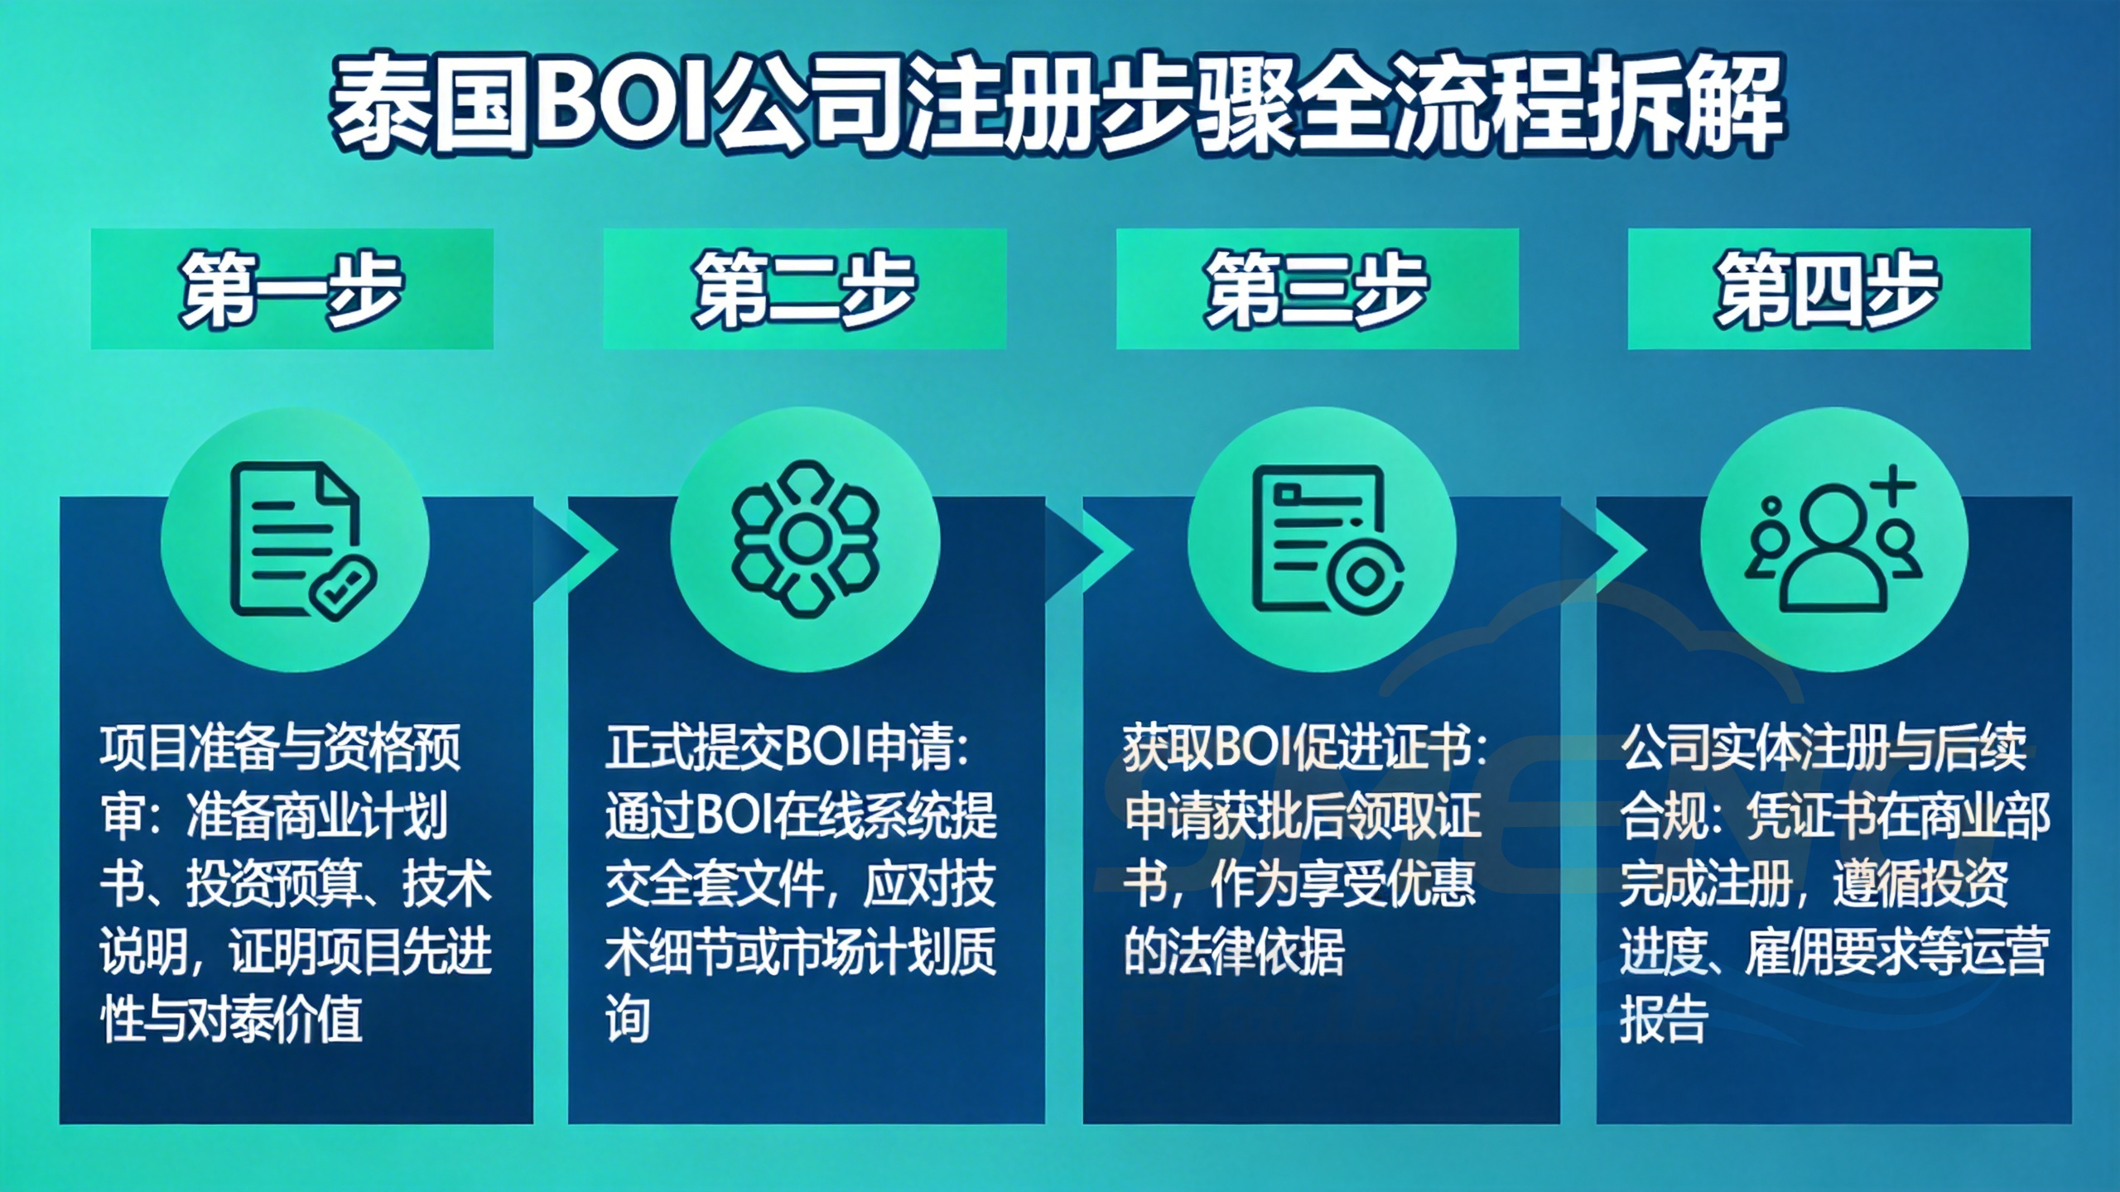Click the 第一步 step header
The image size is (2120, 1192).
(291, 289)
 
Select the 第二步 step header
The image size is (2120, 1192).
(804, 289)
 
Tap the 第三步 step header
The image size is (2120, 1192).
(1317, 289)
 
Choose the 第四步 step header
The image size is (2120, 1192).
(1828, 289)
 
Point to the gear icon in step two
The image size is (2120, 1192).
(804, 540)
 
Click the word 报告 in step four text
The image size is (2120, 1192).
(1665, 1020)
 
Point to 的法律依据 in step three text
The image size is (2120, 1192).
(1234, 952)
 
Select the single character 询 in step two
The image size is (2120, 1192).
(628, 1020)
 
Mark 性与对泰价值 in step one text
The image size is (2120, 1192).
(232, 1020)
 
